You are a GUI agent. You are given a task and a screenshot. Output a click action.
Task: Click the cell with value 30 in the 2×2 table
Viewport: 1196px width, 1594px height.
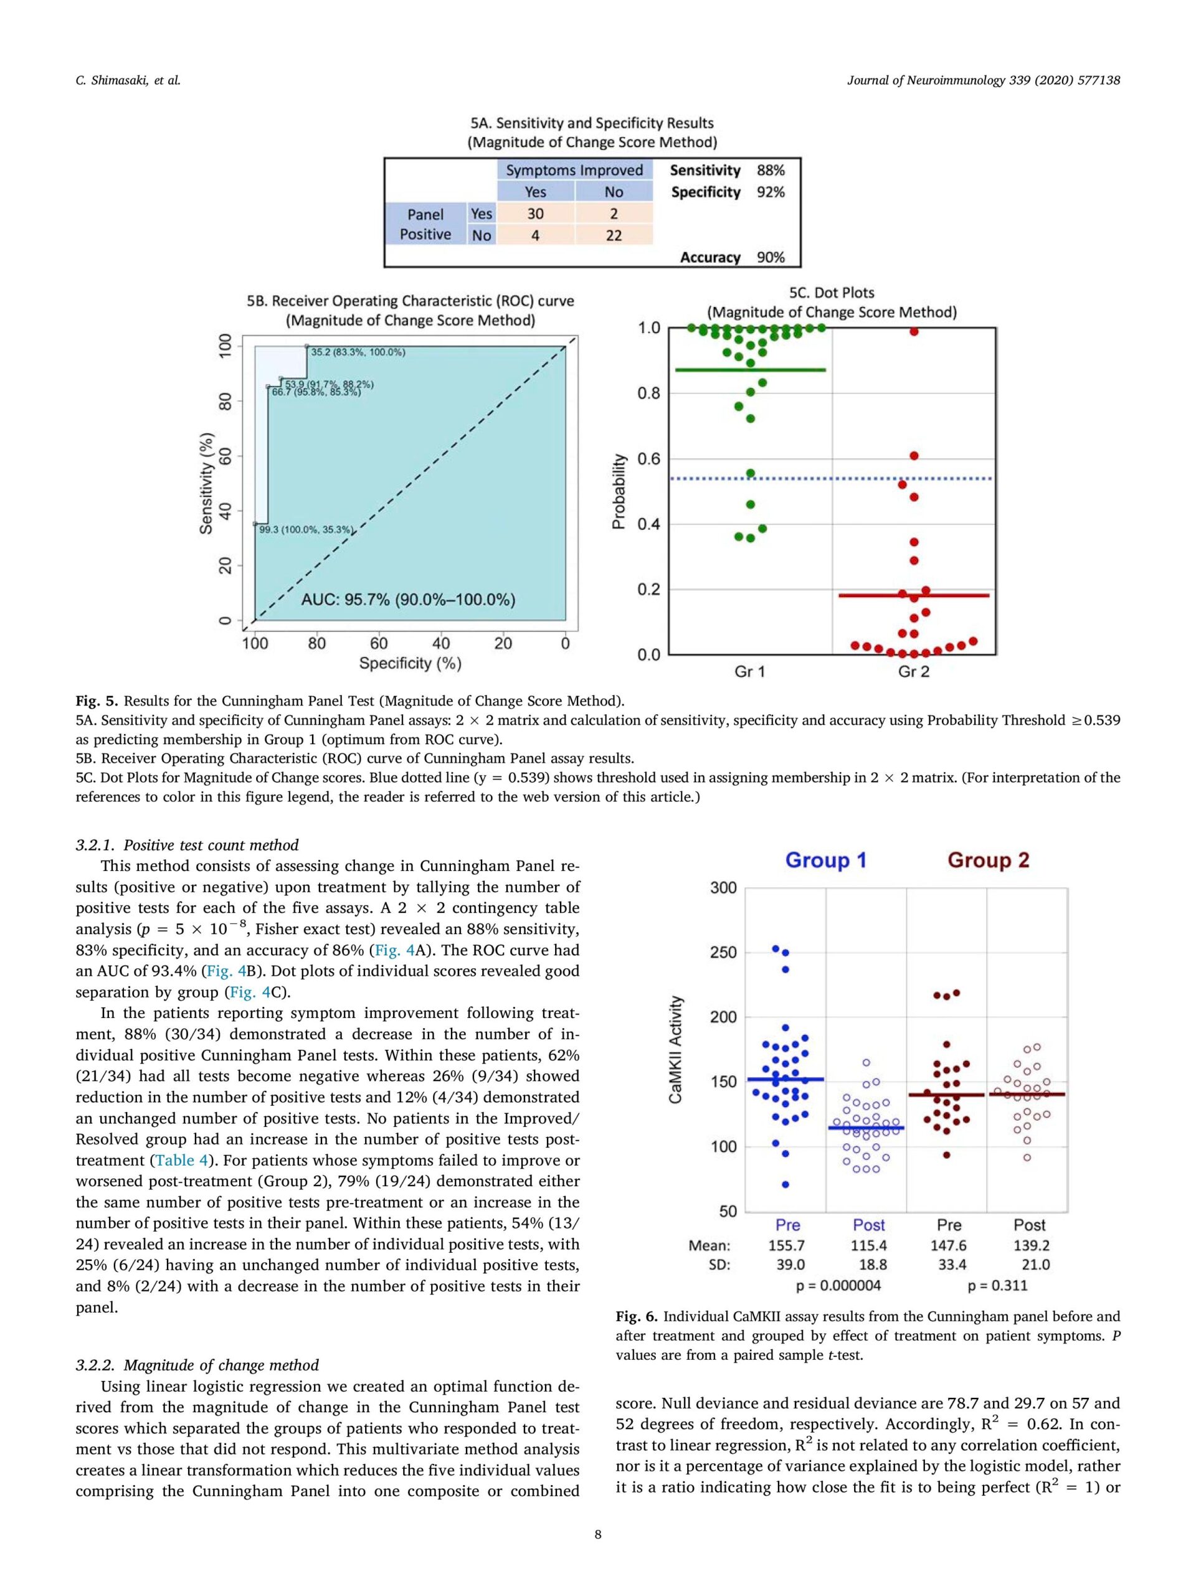coord(535,214)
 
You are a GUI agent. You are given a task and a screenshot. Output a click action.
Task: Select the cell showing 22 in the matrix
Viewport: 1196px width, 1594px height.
coord(614,235)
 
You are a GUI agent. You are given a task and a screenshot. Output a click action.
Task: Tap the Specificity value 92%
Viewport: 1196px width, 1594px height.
coord(770,192)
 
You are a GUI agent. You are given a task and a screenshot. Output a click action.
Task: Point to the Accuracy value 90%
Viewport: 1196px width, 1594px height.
coord(770,257)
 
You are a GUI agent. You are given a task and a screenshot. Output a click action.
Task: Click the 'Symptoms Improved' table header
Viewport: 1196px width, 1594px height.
coord(574,170)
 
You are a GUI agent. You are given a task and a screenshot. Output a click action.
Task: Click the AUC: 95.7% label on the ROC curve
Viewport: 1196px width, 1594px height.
coord(408,600)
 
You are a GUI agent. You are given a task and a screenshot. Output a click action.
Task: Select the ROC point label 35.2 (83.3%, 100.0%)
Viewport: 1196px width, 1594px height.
coord(358,352)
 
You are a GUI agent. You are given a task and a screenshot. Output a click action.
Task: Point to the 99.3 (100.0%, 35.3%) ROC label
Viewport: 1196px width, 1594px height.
coord(306,530)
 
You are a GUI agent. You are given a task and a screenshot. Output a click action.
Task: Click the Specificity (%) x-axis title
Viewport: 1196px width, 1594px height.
coord(411,663)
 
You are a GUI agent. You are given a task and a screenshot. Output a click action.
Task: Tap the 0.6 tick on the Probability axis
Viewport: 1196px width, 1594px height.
coord(649,459)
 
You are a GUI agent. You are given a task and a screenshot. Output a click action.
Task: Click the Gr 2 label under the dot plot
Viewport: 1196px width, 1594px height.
coord(913,672)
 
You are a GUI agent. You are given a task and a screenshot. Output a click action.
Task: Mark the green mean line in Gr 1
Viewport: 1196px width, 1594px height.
coord(750,370)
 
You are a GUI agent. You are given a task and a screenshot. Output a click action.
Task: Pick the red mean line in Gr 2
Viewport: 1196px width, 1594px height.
coord(913,595)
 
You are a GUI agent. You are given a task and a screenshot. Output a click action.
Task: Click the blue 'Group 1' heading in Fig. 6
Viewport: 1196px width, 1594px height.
coord(825,860)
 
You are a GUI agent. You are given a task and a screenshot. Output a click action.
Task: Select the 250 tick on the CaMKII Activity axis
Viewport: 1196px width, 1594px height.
coord(724,953)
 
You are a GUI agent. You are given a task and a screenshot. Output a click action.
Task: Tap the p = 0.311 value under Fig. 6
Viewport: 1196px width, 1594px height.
coord(998,1285)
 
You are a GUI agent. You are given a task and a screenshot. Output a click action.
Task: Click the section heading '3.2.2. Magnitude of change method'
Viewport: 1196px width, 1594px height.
coord(197,1365)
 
